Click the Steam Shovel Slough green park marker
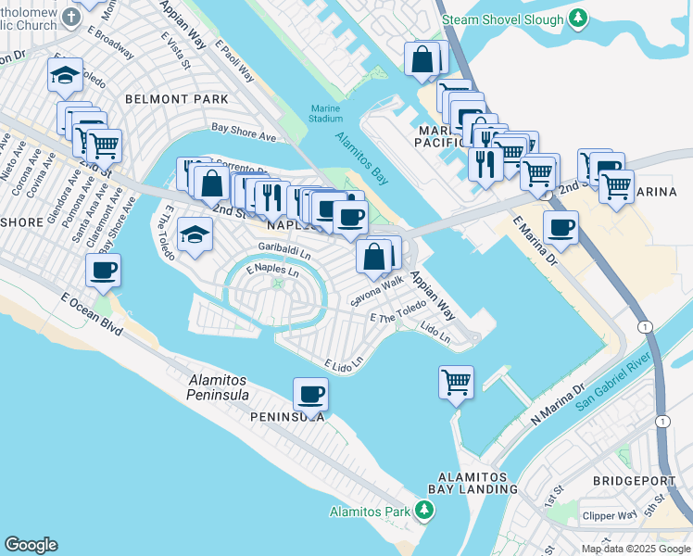coord(579,19)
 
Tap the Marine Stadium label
coord(325,113)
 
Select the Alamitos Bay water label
coord(361,158)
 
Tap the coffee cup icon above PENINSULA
coord(310,394)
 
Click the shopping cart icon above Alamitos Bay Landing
coord(456,380)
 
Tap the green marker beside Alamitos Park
coord(424,511)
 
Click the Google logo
coord(31,545)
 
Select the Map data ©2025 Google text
coord(636,549)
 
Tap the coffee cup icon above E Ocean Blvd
coord(104,270)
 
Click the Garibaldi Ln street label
coord(284,249)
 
